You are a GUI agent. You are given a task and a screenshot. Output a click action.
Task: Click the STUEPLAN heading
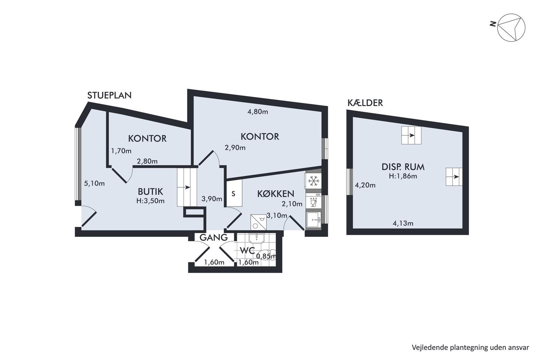click(x=110, y=95)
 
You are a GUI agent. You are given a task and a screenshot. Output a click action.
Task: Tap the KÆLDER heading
click(x=365, y=103)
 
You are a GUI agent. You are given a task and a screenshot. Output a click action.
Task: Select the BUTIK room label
click(x=150, y=192)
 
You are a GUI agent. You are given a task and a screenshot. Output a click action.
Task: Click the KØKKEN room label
click(x=276, y=194)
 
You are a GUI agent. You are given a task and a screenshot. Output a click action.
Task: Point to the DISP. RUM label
click(x=403, y=167)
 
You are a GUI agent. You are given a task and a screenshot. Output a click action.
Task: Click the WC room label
click(x=248, y=250)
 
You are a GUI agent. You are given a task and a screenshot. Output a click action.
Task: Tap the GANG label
click(x=214, y=238)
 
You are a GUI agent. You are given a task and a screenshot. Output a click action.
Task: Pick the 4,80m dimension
click(x=258, y=112)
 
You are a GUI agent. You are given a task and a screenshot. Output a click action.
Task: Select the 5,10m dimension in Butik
click(x=94, y=184)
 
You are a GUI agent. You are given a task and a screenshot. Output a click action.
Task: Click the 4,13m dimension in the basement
click(x=403, y=223)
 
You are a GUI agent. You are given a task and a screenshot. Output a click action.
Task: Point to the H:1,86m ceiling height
click(x=403, y=176)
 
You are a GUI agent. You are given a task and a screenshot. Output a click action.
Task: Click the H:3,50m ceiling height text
click(x=150, y=201)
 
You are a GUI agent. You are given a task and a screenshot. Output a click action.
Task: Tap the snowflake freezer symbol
click(x=314, y=181)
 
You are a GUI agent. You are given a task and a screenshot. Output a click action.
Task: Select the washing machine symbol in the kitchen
click(x=259, y=222)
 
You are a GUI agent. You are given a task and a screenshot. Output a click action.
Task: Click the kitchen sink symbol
click(x=314, y=220)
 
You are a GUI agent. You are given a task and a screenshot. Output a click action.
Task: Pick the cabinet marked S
click(x=234, y=194)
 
